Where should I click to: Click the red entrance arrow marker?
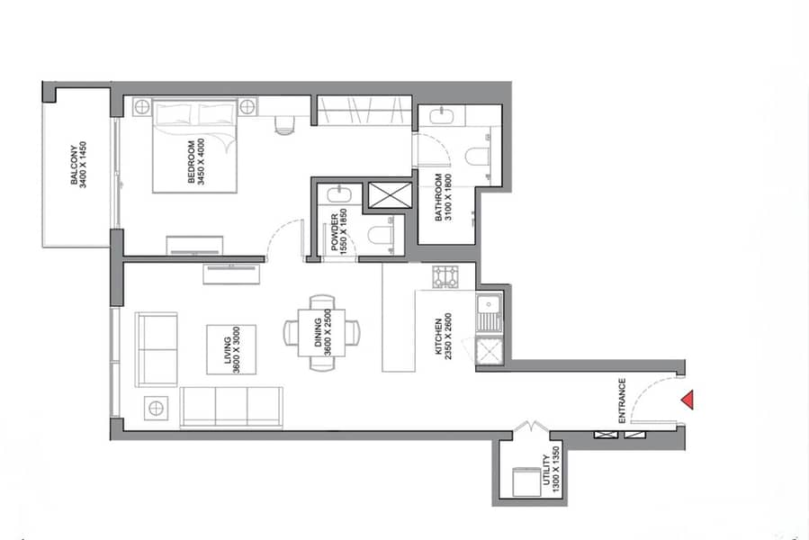[x=688, y=400]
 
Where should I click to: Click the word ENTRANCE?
[x=622, y=400]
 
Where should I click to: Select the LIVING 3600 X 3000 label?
[x=231, y=350]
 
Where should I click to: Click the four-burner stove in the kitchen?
[x=445, y=276]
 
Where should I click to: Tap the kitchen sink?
[x=489, y=313]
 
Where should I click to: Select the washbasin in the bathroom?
[x=442, y=116]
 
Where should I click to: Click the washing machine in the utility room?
[x=526, y=481]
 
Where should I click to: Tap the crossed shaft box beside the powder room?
[x=390, y=195]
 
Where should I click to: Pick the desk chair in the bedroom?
[x=284, y=124]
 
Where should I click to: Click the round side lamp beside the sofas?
[x=156, y=409]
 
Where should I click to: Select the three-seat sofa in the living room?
[x=231, y=408]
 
